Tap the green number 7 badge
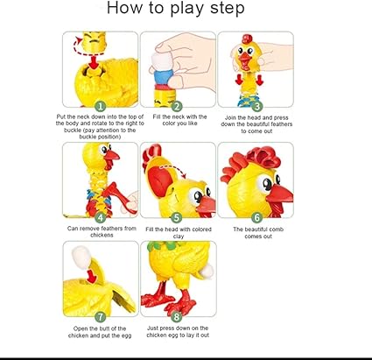pyautogui.click(x=101, y=316)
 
